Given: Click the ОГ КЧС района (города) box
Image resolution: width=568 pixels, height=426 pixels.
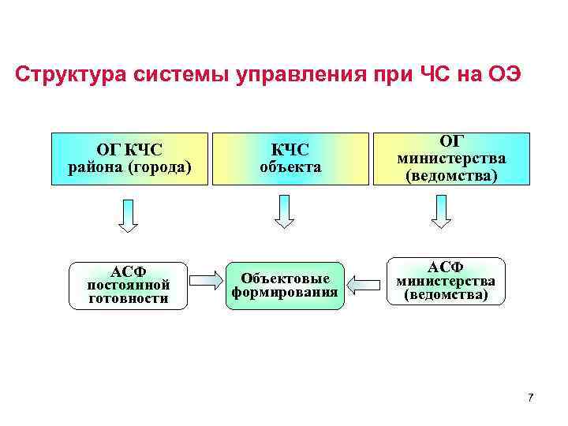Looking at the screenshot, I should coord(129,158).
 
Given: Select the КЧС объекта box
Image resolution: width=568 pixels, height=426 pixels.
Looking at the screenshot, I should coord(290,158).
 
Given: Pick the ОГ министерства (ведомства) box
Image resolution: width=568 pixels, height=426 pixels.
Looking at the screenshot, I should coord(451,158).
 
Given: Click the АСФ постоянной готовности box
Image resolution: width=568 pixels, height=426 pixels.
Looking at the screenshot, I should coord(128,286).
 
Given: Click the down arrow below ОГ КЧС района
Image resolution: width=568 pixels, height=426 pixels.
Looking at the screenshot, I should coord(128,215).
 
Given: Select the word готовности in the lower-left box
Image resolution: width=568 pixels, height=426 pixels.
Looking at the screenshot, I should coord(128,299).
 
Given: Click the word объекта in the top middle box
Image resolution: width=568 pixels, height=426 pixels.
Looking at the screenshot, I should coord(290,168).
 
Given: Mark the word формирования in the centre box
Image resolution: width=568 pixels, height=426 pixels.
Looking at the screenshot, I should coord(285,293).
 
